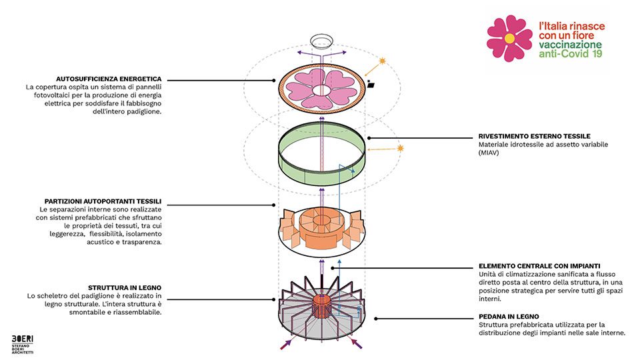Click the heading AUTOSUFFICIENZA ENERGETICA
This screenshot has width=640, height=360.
pos(109,79)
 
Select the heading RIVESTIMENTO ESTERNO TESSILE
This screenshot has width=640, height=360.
pos(534,136)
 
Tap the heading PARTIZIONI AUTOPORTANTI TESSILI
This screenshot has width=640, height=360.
pos(103,201)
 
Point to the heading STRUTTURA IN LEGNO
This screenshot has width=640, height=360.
pos(125,288)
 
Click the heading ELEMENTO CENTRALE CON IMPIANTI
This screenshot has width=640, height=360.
pos(539,266)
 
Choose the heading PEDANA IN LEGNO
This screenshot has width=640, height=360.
pos(509,317)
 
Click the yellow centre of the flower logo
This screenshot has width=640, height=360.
pos(509,38)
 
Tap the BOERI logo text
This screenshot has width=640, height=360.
pos(23,339)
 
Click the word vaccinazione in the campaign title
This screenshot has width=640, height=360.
pos(570,45)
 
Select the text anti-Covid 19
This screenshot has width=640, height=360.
pos(570,54)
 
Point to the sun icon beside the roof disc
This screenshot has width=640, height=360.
pos(382,61)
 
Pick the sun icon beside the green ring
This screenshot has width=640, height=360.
pos(400,148)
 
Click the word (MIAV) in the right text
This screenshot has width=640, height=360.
pos(489,153)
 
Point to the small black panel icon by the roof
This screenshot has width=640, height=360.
pos(371,85)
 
